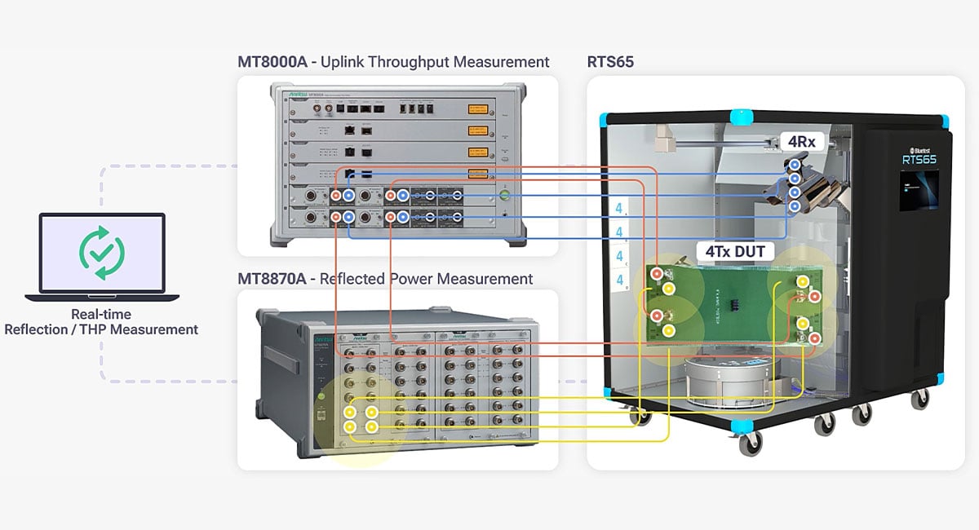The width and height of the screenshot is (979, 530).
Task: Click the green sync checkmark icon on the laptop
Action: click(102, 256)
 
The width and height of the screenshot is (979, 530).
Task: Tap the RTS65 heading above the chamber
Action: click(610, 62)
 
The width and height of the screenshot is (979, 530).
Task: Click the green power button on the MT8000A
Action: click(504, 195)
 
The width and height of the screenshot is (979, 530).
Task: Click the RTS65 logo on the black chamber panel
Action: click(917, 156)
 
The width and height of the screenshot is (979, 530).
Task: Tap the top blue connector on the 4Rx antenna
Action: click(794, 165)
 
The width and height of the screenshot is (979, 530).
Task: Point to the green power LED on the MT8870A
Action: click(321, 397)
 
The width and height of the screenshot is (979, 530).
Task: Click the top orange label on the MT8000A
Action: click(477, 108)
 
